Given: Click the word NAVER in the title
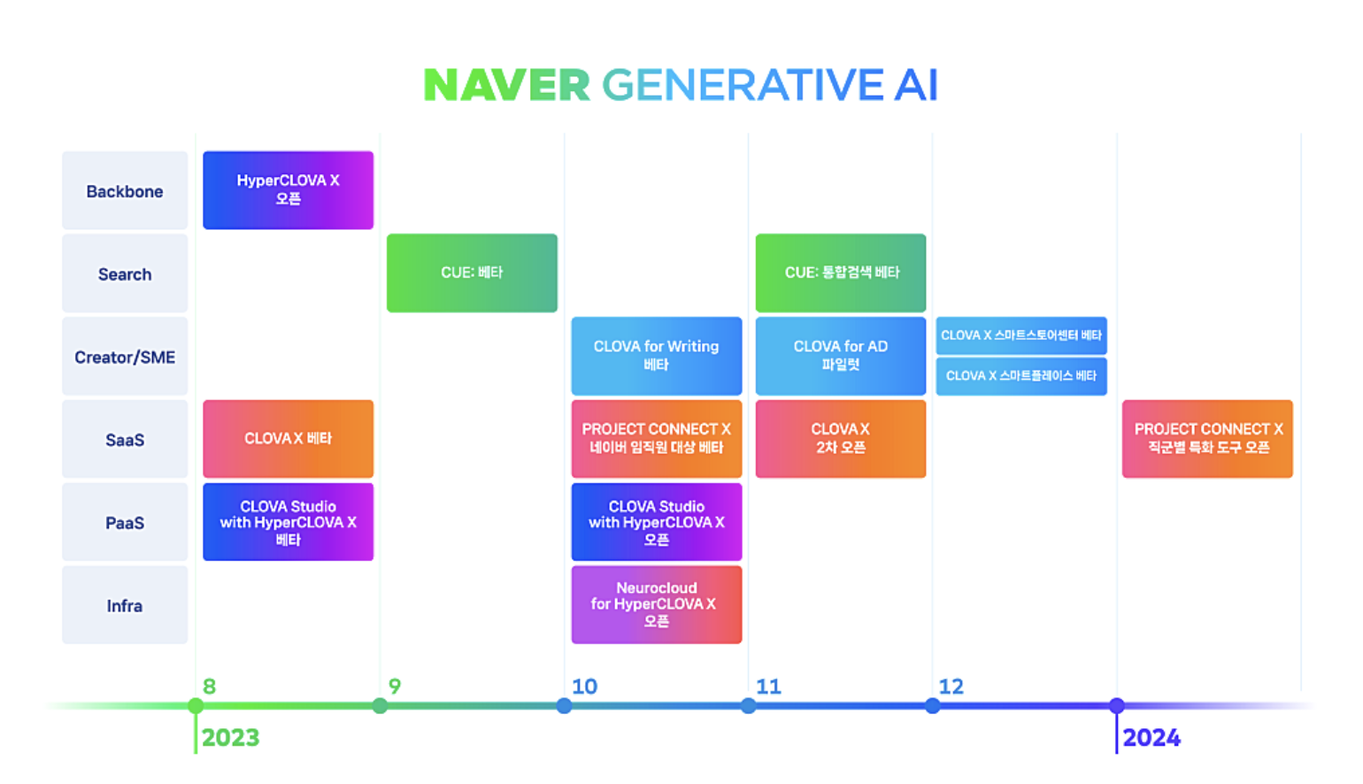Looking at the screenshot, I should (x=506, y=86).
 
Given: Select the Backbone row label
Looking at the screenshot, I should (x=125, y=191).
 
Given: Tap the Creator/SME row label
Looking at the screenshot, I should (x=125, y=357).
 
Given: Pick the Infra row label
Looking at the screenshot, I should (x=125, y=605).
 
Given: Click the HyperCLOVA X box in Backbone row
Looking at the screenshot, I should (x=288, y=189).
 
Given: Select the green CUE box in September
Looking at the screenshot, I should (x=472, y=273).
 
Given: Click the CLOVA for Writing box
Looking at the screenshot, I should (x=656, y=356).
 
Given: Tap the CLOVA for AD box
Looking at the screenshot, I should (x=840, y=356).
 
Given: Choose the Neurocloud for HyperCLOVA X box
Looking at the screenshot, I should (x=656, y=604).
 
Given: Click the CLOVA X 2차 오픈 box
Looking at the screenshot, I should (x=840, y=438).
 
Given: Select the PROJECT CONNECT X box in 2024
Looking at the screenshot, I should (x=1207, y=438).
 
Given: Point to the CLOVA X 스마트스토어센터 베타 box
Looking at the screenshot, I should (x=1021, y=335).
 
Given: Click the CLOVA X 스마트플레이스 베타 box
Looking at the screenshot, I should (x=1021, y=376).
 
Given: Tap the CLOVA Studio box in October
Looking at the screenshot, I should (x=656, y=521).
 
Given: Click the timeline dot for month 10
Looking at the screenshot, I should (x=564, y=705).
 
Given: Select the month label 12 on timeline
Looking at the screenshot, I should (x=951, y=687).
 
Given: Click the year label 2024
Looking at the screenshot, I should (x=1151, y=738).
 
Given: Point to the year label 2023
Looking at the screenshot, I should (x=230, y=738).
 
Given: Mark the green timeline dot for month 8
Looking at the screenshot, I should (x=196, y=705).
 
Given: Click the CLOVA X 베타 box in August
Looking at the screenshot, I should (x=288, y=438).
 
